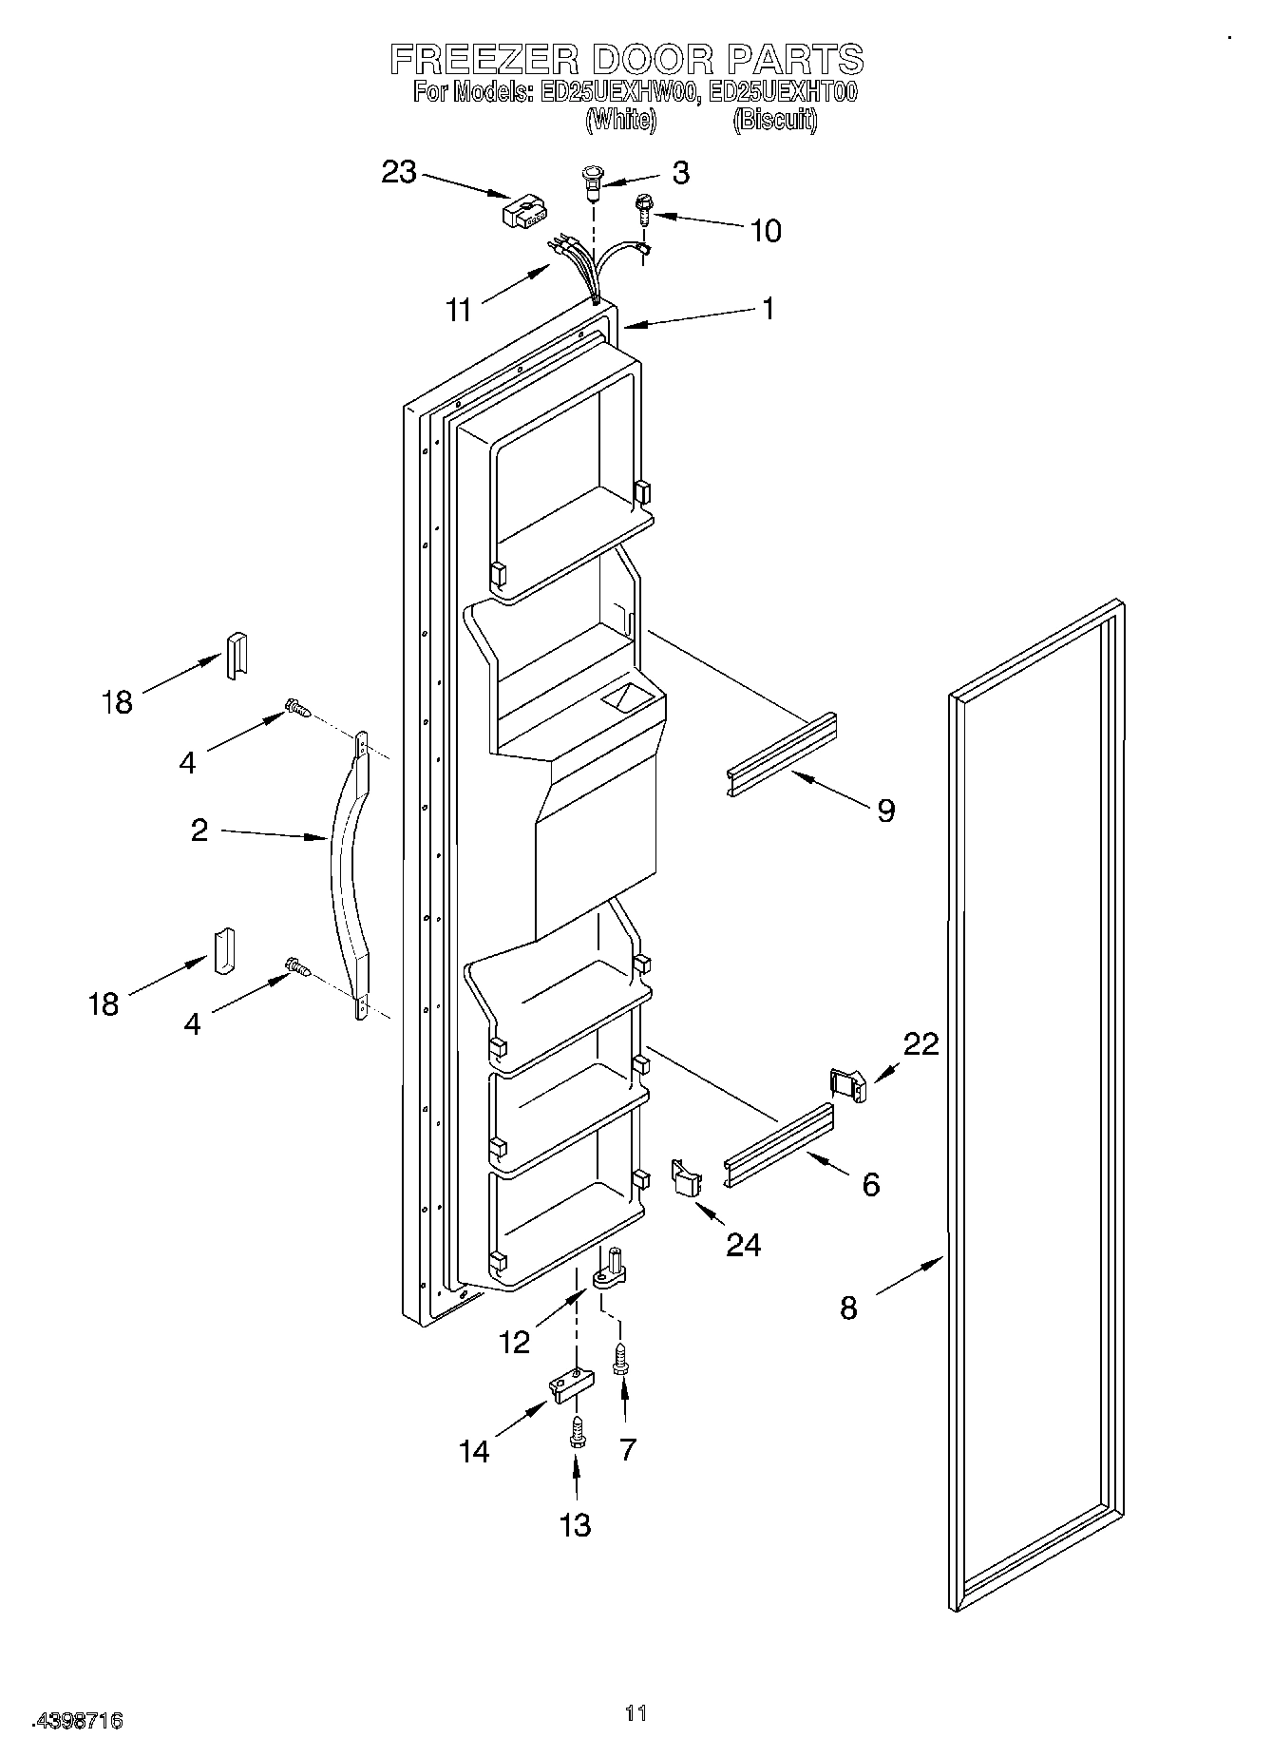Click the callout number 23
(x=399, y=173)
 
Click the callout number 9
(x=885, y=811)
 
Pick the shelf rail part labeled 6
(x=779, y=1145)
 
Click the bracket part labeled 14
(x=568, y=1385)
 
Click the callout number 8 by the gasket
(x=848, y=1308)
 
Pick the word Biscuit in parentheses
(x=774, y=121)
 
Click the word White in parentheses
(x=619, y=121)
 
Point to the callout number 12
(x=514, y=1341)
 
